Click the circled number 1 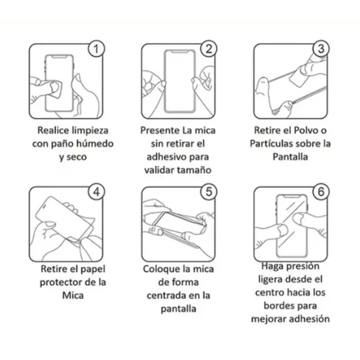tap(96, 49)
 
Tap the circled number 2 tap(208, 49)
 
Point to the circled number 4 tap(96, 192)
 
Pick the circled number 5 tap(208, 192)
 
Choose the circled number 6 tap(320, 192)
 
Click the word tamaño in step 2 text tap(195, 170)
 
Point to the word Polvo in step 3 tap(305, 130)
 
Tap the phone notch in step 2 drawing tap(180, 53)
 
